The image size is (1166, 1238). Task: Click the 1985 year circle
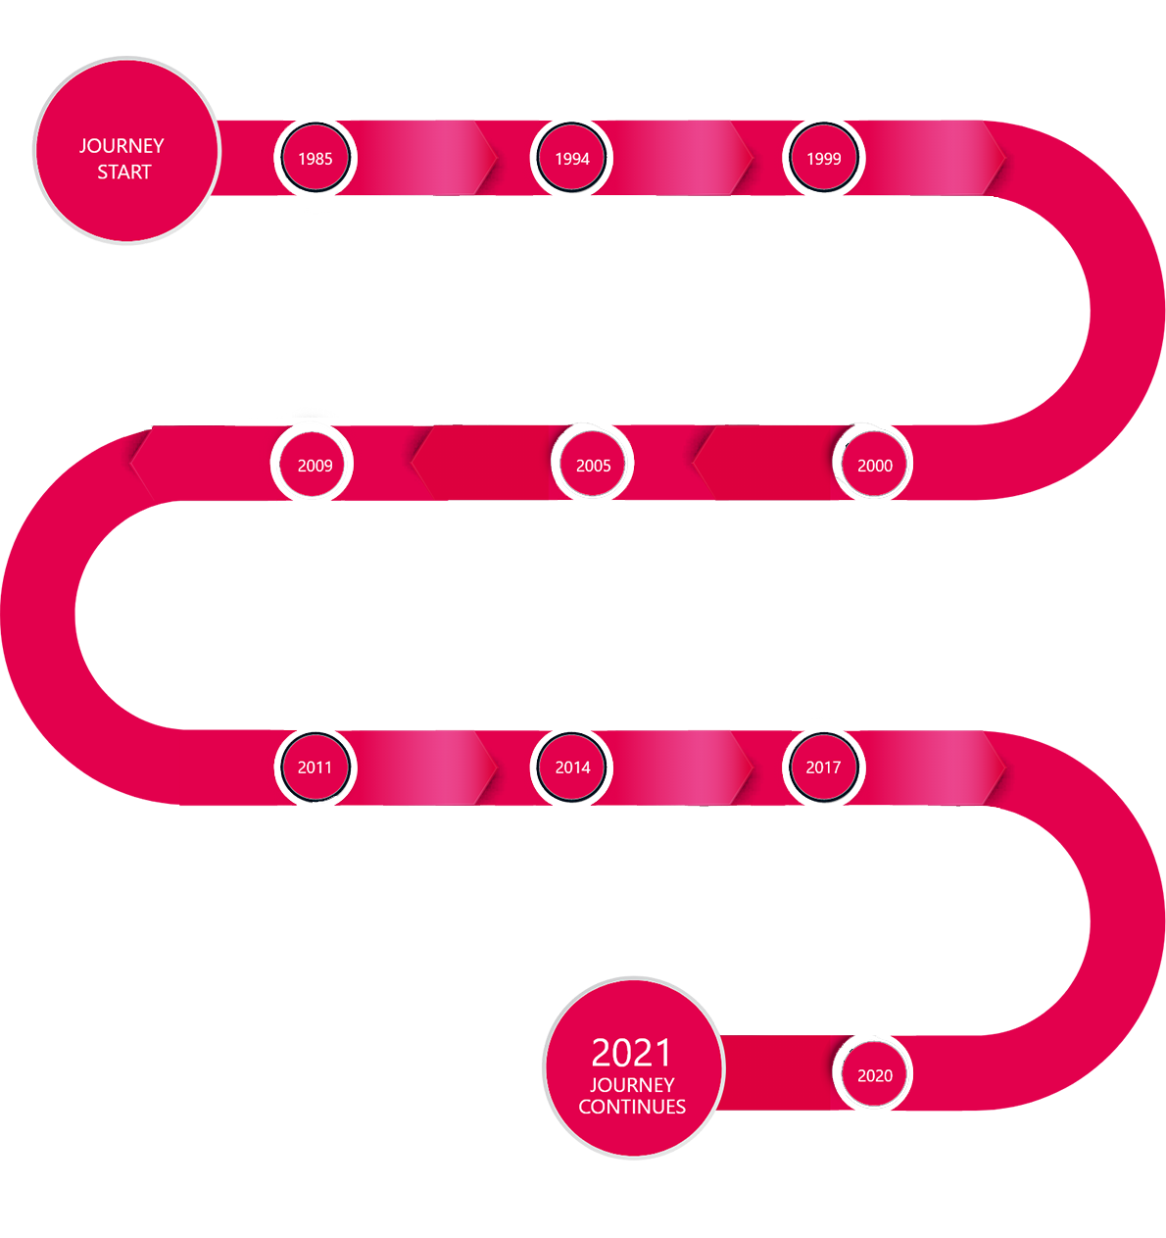point(316,158)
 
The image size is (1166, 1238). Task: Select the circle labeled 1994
point(572,158)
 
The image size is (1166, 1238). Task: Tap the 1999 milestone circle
point(824,158)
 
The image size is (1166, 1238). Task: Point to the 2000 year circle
point(875,466)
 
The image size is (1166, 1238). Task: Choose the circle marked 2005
point(594,466)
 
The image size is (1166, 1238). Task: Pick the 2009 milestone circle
point(316,466)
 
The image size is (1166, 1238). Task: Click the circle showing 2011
point(316,768)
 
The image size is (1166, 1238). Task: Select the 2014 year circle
point(572,768)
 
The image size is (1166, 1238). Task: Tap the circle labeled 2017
point(824,768)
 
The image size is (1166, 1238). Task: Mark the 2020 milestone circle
point(875,1075)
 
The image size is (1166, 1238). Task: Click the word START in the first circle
point(124,173)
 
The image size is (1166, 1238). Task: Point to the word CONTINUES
point(632,1107)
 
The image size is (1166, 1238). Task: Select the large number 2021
point(632,1053)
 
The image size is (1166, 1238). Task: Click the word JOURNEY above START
point(121,146)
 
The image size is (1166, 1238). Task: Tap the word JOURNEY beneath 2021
point(632,1085)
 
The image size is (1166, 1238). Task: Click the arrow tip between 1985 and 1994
point(490,158)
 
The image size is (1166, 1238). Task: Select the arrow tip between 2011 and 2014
point(490,768)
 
